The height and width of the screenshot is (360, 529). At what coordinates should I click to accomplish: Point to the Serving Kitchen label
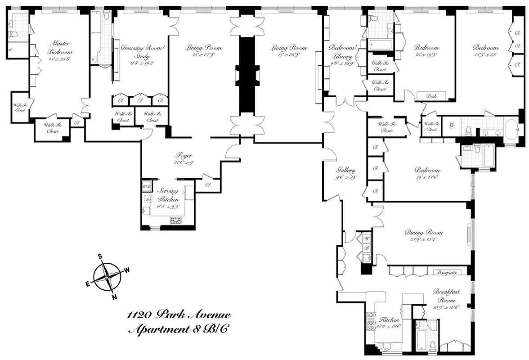coord(168,195)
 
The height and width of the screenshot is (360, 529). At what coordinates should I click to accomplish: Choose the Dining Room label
coord(423,233)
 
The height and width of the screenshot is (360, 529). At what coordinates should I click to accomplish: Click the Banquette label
coord(448,272)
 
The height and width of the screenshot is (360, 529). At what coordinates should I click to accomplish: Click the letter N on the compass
coord(114,297)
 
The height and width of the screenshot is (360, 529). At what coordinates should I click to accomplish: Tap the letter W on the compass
coord(127,270)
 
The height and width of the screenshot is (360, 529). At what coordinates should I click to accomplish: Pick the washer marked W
coord(367,238)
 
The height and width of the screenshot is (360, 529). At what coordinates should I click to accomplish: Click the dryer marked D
coord(367,248)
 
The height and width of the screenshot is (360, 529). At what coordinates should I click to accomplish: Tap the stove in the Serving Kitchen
coord(175,220)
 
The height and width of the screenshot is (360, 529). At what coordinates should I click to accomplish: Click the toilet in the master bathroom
coord(13,35)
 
